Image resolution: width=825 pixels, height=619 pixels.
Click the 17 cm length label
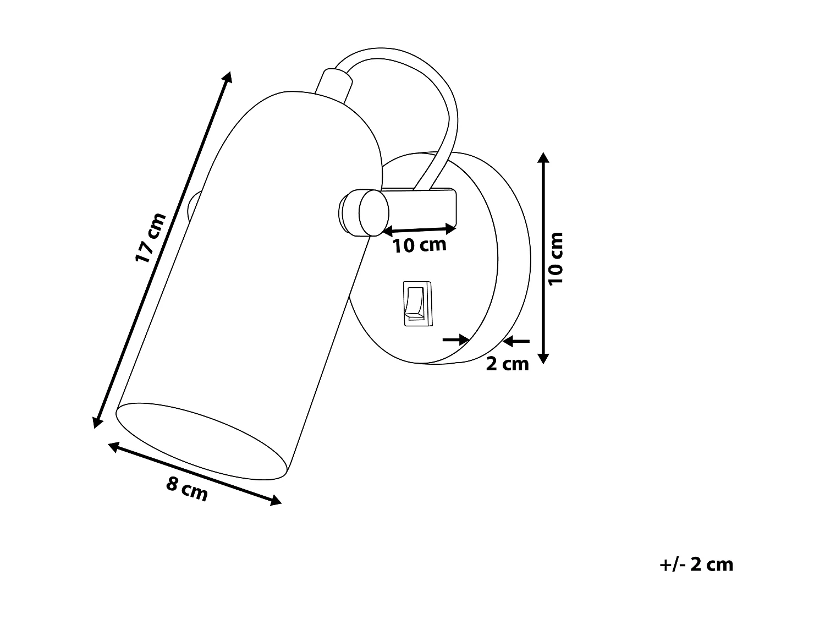click(x=150, y=237)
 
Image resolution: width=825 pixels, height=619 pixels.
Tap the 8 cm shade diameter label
click(x=188, y=489)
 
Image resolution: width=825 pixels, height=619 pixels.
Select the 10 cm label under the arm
click(x=419, y=245)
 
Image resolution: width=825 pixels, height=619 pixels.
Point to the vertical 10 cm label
click(x=556, y=258)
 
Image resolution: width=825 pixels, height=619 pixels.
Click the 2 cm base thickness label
click(x=507, y=364)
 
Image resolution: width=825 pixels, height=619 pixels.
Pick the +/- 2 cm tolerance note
click(x=696, y=565)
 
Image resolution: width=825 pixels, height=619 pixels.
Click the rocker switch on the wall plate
click(x=417, y=303)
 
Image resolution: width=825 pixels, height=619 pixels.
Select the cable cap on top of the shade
click(x=334, y=85)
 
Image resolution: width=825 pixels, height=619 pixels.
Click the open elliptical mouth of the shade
click(x=202, y=438)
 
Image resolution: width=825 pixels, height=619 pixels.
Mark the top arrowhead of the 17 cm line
click(x=228, y=76)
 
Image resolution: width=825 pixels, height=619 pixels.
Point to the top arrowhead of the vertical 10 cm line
click(x=543, y=157)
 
